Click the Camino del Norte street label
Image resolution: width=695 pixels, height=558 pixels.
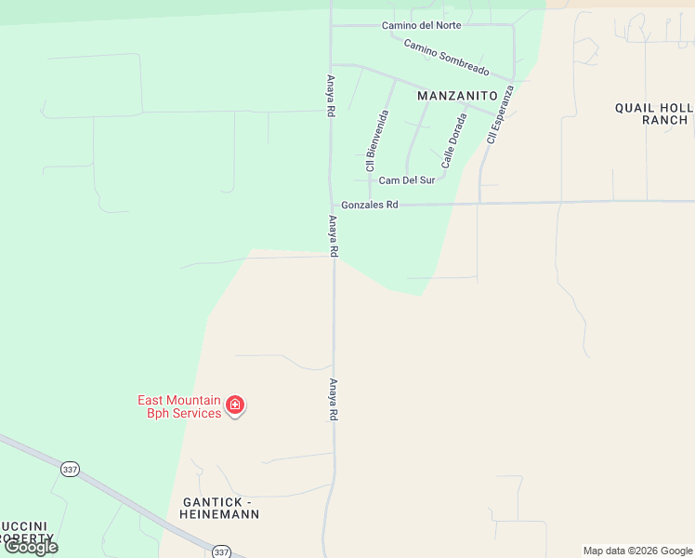[421, 25]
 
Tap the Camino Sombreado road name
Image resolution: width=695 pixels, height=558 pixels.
[446, 58]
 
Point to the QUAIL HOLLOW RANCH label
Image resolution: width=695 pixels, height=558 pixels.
[651, 113]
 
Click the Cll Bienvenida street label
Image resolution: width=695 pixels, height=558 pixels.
[376, 140]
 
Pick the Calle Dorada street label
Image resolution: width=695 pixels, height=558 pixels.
[454, 140]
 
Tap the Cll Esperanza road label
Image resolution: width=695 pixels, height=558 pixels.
[500, 116]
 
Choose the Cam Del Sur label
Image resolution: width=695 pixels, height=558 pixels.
[407, 180]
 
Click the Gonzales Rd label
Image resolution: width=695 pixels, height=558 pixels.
[369, 205]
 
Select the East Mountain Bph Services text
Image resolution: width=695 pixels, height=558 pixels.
[179, 406]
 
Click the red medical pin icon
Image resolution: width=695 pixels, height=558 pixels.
[235, 405]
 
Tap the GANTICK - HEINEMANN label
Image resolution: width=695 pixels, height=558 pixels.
[215, 508]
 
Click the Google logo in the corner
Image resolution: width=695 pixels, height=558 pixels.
[31, 547]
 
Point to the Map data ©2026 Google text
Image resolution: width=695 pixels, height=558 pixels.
[637, 551]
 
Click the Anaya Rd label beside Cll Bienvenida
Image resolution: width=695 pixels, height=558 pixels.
[330, 96]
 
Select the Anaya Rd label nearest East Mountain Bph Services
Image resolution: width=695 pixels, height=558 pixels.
[333, 400]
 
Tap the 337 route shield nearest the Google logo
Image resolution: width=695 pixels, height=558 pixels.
[70, 470]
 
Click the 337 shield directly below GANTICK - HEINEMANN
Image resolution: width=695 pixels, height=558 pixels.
[220, 551]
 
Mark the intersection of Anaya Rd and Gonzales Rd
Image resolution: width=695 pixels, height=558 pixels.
[333, 205]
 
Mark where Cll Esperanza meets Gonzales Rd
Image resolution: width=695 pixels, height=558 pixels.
[479, 203]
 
